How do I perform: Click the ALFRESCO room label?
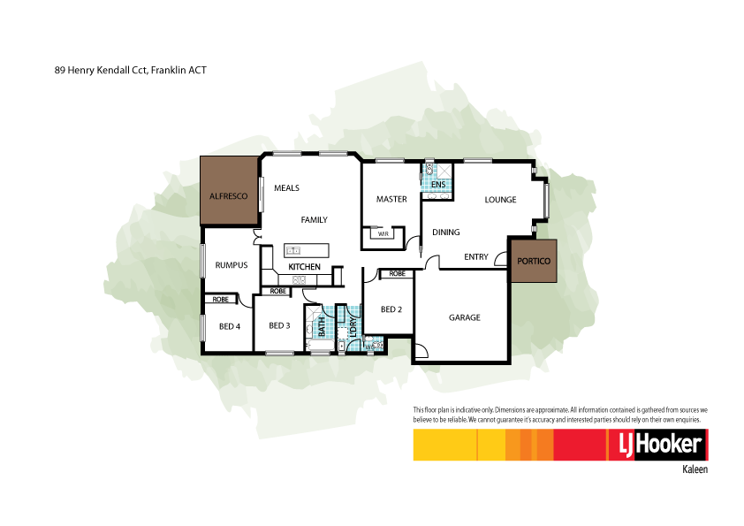tap(227, 195)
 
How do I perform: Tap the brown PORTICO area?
tap(534, 261)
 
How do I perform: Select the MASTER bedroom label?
tap(391, 199)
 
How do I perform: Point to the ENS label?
tap(439, 184)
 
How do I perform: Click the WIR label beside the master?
tap(383, 234)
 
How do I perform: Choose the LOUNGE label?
tap(500, 200)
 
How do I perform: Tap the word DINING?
tap(446, 233)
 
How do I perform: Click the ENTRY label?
tap(476, 257)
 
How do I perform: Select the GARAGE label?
tap(464, 317)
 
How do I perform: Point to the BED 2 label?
tap(391, 309)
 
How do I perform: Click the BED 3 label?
tap(279, 325)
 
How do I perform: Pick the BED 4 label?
tap(230, 326)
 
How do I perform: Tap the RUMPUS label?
tap(231, 265)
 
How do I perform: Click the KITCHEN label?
tap(304, 267)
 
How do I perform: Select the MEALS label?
tap(287, 188)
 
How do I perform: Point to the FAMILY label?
tap(314, 219)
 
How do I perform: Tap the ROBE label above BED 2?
tap(398, 274)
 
